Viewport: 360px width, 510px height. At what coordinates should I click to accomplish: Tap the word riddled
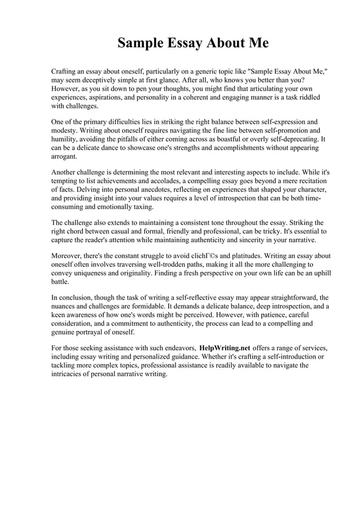(x=308, y=97)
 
